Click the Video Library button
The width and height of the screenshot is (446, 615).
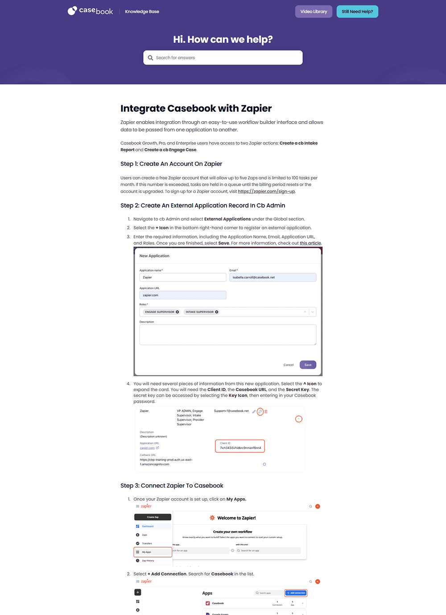click(314, 12)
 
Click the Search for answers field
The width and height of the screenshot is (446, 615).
click(223, 57)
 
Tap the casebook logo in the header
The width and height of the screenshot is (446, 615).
click(91, 11)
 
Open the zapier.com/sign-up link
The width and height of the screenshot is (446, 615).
click(266, 191)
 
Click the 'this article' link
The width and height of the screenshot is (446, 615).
click(310, 243)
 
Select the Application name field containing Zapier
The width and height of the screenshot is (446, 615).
click(182, 277)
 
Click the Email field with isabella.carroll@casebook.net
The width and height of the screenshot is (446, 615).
click(273, 277)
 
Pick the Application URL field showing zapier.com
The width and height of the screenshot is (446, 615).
click(182, 295)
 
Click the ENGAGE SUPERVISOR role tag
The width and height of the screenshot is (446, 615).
click(159, 312)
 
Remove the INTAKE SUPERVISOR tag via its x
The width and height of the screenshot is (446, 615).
click(217, 312)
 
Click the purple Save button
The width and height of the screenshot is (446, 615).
click(308, 365)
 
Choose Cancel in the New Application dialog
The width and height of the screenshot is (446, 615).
click(289, 365)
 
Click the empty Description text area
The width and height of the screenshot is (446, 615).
click(227, 334)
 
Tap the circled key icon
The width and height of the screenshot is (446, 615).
click(260, 411)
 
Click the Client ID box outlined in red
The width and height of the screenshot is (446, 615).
click(240, 446)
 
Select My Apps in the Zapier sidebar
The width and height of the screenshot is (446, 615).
click(153, 552)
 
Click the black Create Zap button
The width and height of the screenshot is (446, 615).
click(153, 517)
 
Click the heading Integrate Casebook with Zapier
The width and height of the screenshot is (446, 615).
click(196, 108)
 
